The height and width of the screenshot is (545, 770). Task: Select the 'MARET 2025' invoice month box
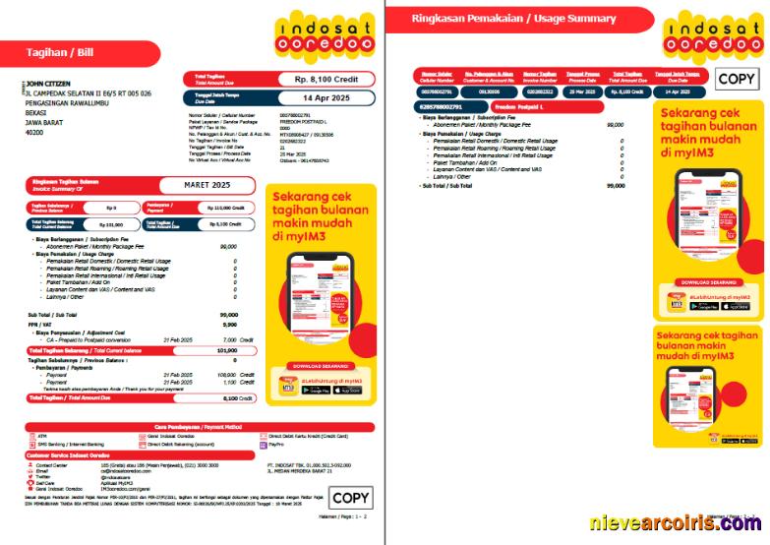[x=207, y=184]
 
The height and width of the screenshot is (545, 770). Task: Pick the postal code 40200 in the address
[x=34, y=131]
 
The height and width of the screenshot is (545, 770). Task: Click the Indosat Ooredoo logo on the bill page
[x=324, y=37]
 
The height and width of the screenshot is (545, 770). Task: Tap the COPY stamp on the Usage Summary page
[x=736, y=80]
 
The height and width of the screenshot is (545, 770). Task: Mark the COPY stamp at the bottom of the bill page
[x=350, y=498]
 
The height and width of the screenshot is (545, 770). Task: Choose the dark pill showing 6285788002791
[x=438, y=106]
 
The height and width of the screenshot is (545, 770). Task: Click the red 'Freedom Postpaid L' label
[x=517, y=106]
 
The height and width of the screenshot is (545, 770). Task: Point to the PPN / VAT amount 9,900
[x=229, y=324]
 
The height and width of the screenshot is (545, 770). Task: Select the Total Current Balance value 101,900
[x=226, y=349]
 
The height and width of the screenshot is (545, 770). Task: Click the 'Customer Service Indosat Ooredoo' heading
[x=69, y=455]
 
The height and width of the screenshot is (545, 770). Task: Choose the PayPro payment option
[x=276, y=445]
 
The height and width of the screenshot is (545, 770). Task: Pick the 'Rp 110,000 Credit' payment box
[x=224, y=209]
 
